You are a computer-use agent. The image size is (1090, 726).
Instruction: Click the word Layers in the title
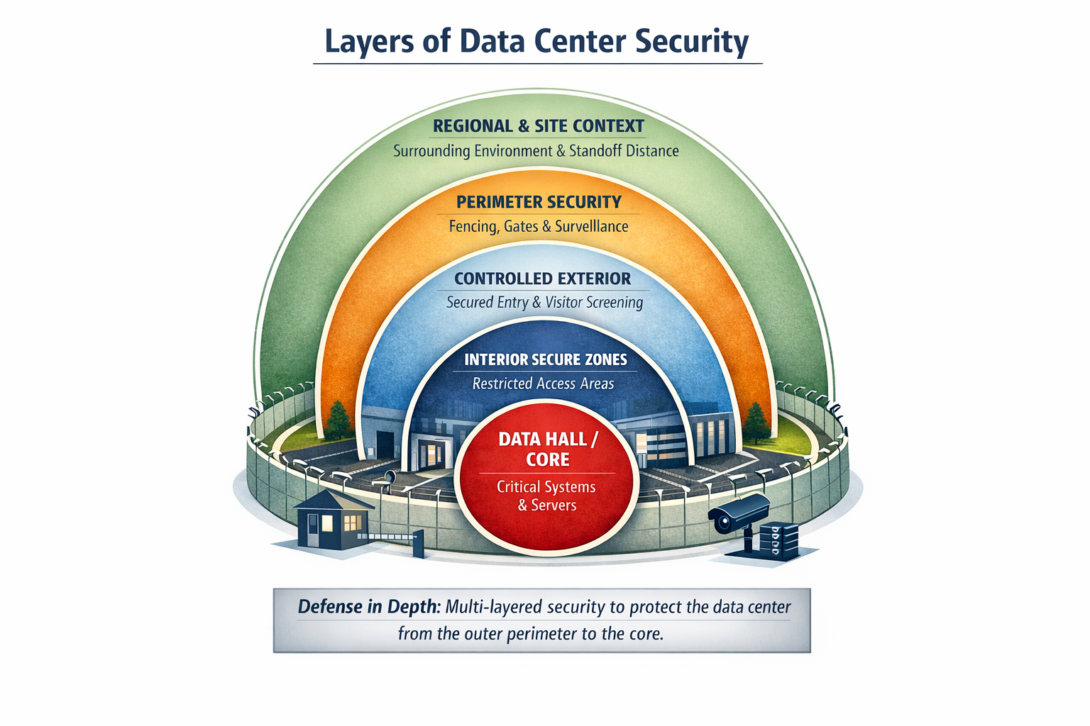click(368, 41)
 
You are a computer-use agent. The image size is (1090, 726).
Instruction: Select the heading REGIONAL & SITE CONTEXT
click(539, 126)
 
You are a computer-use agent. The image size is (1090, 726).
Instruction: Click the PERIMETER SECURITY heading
click(539, 202)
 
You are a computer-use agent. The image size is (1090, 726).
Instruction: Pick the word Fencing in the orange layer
click(473, 227)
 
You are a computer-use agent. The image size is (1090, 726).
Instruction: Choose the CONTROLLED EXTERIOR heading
click(542, 279)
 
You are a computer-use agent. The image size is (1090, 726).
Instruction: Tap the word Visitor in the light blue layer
click(563, 303)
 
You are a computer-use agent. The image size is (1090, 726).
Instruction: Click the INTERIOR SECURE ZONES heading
click(546, 359)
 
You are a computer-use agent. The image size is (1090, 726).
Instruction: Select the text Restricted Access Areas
click(543, 384)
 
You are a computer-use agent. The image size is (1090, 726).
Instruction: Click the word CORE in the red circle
click(548, 459)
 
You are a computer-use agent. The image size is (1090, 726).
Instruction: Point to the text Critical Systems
click(546, 487)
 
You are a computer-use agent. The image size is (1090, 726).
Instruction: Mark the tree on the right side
click(756, 421)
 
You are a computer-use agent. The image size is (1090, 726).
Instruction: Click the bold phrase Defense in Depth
click(369, 607)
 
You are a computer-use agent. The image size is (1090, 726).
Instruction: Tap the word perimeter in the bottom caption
click(541, 633)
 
